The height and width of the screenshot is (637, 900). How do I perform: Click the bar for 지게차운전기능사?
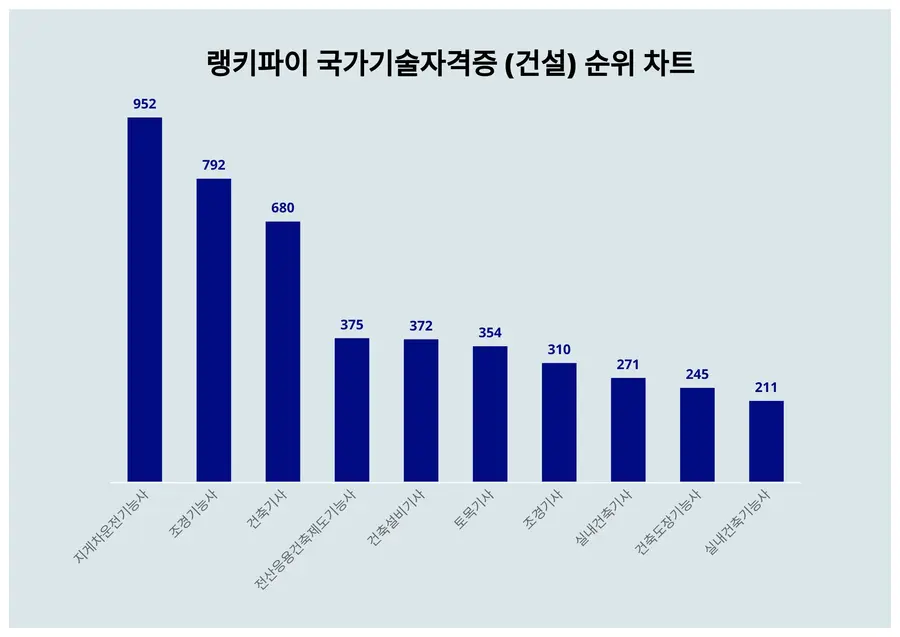coord(144,300)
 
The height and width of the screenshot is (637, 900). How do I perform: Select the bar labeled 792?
coord(213,330)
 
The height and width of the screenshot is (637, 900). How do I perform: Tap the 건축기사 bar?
coord(282,352)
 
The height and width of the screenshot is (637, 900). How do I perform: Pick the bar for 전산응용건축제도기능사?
coord(351,410)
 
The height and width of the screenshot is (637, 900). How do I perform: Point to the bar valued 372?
coord(421,411)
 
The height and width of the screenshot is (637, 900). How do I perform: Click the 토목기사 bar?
coord(490,414)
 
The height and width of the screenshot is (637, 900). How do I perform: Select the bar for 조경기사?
coord(559,422)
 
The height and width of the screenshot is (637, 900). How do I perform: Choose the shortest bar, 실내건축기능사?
coord(766,441)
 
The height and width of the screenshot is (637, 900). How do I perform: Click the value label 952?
coord(144,103)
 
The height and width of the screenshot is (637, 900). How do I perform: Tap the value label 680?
coord(282,207)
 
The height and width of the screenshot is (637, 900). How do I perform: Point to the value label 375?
coord(351,324)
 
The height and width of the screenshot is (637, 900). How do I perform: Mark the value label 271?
coord(628,364)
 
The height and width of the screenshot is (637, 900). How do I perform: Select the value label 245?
coord(697,374)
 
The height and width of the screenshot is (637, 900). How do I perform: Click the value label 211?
coord(766,387)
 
